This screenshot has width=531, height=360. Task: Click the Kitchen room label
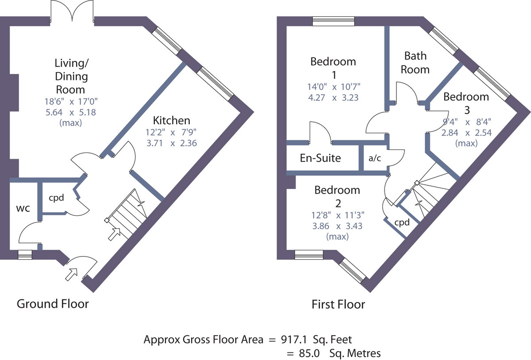point(172,120)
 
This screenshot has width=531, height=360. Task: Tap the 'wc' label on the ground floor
point(23,209)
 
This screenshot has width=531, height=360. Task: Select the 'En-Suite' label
point(320,158)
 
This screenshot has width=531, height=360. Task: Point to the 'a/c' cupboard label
point(375,158)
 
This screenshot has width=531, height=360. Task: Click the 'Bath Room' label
point(415,63)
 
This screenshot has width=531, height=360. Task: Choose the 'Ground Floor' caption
point(53,303)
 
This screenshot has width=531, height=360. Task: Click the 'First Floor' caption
point(338,304)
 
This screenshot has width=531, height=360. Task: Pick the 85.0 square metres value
point(309,353)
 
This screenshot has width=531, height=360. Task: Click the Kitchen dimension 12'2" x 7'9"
point(171,132)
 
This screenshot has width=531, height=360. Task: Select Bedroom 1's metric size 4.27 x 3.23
point(333,97)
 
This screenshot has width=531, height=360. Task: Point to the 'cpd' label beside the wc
point(57,198)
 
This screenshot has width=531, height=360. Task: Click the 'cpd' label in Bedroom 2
point(402,222)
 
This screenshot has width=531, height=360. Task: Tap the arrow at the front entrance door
point(71,275)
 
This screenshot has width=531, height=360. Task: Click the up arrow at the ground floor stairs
point(115,234)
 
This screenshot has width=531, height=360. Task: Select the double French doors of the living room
point(72,12)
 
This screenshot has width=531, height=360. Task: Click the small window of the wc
point(25,255)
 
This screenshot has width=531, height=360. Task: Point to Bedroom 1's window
point(334,21)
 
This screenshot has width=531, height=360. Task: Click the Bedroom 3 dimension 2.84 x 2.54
point(466,133)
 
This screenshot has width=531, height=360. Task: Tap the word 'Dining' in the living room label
point(71,77)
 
